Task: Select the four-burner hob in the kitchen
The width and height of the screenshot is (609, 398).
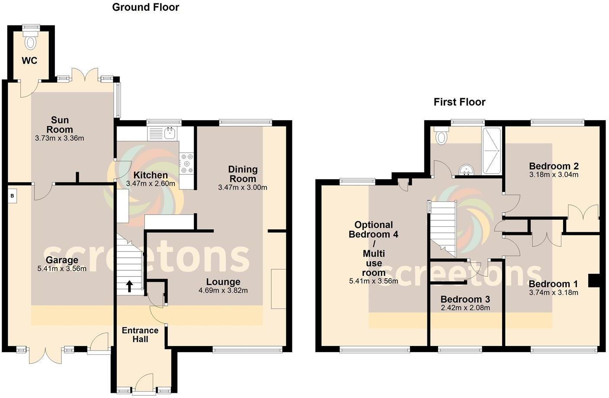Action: pos(187,164)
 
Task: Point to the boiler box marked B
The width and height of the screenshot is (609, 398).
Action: pos(13,196)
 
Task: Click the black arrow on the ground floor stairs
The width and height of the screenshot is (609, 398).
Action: pos(129,285)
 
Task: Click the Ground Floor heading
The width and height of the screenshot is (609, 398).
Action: pos(145,7)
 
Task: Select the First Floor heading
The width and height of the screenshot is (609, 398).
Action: pos(459,102)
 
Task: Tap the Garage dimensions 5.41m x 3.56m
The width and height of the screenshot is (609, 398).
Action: pos(62,269)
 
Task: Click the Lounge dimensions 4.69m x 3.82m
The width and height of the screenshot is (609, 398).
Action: pos(223,290)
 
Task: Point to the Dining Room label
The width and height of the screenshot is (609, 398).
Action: pos(243,174)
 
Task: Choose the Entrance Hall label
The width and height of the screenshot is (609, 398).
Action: pos(140,335)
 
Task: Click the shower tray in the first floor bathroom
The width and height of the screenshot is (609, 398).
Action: pos(491,151)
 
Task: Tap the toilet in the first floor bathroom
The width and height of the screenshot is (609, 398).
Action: pos(441,136)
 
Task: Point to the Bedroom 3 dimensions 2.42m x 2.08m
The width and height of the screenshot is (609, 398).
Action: pos(465,308)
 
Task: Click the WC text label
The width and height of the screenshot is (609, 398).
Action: pos(29,61)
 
